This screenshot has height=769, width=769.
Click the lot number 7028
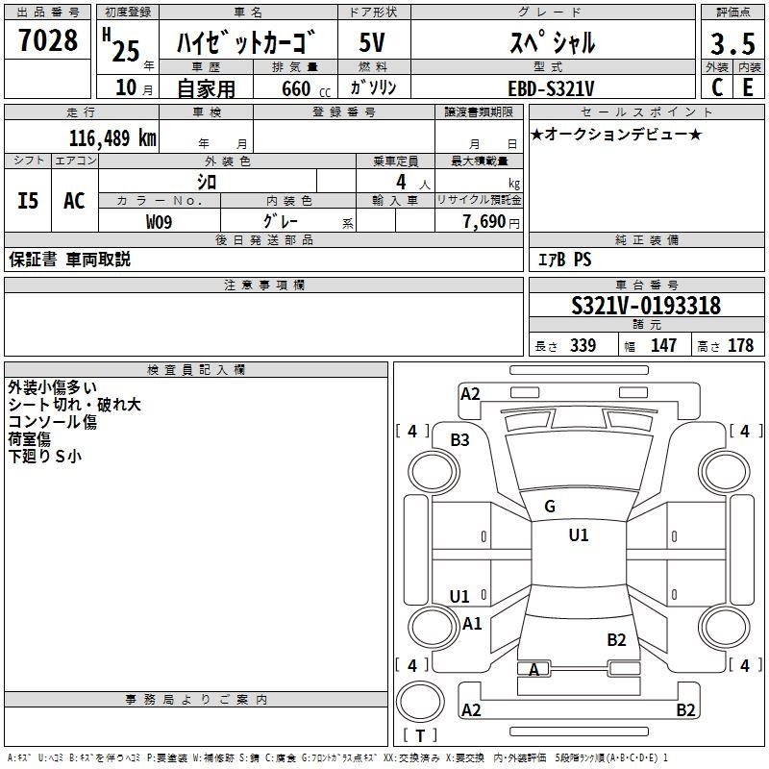(x=48, y=40)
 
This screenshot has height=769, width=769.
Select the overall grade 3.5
(x=732, y=43)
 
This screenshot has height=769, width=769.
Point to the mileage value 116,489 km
(x=112, y=138)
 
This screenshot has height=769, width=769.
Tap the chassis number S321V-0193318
(x=646, y=306)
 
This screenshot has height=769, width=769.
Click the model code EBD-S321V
(x=551, y=88)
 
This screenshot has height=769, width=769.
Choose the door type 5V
(x=372, y=42)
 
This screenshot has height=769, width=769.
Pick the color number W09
(x=159, y=222)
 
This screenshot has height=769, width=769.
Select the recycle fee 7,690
(x=484, y=222)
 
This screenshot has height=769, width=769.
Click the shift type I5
(x=28, y=201)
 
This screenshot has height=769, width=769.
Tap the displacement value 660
(x=296, y=88)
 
